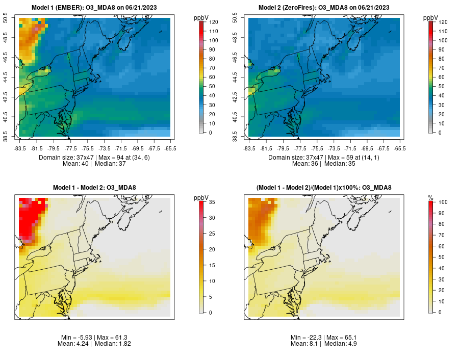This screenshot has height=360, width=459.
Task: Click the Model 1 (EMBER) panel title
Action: (95, 7)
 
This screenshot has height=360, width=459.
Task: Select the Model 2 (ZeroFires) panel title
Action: (325, 7)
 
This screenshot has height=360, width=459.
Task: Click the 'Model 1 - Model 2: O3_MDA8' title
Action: (95, 188)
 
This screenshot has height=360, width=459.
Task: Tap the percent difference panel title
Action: (325, 188)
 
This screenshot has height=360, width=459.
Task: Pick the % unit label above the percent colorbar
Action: (431, 198)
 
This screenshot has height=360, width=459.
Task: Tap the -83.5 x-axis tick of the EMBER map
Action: (20, 148)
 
